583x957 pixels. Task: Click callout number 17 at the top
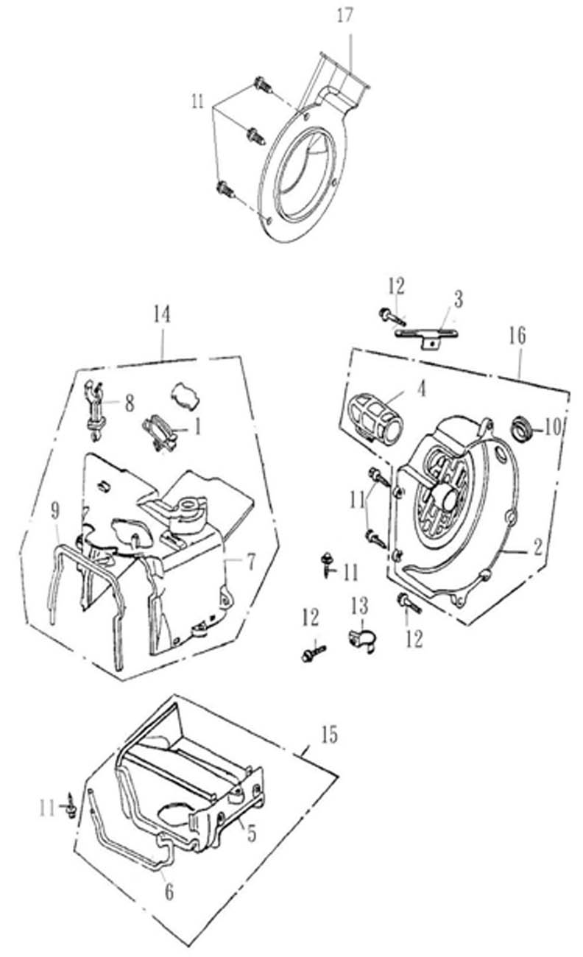click(344, 15)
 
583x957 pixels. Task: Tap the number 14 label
click(161, 314)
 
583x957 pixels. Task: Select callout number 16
click(517, 336)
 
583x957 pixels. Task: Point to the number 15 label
click(329, 735)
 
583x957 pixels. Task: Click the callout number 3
click(458, 299)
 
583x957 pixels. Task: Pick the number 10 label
click(554, 426)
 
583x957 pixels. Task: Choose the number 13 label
click(359, 606)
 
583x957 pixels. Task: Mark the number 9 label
click(54, 509)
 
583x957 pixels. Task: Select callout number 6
click(169, 892)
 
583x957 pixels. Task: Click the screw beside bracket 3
click(390, 317)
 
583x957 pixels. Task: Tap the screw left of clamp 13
click(312, 652)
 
